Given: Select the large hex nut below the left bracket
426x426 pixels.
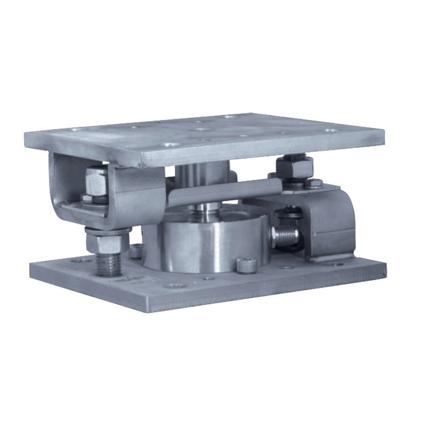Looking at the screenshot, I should point(106,239).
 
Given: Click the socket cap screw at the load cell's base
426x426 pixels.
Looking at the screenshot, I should point(246,265).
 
